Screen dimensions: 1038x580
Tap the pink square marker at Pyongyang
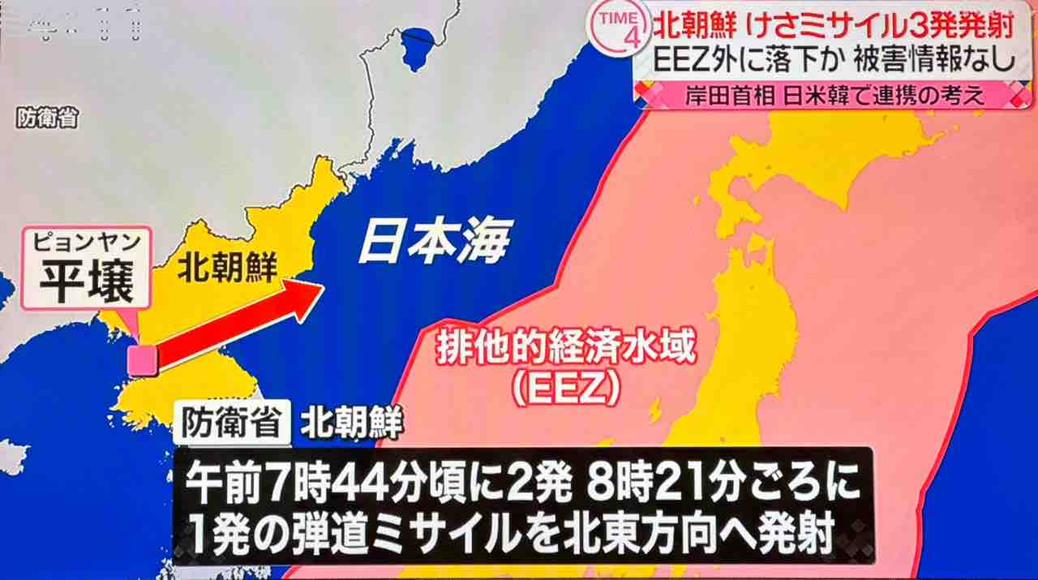pos(144,359)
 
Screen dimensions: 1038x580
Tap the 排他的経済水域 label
pos(566,353)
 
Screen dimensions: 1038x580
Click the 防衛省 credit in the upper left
pos(47,119)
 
